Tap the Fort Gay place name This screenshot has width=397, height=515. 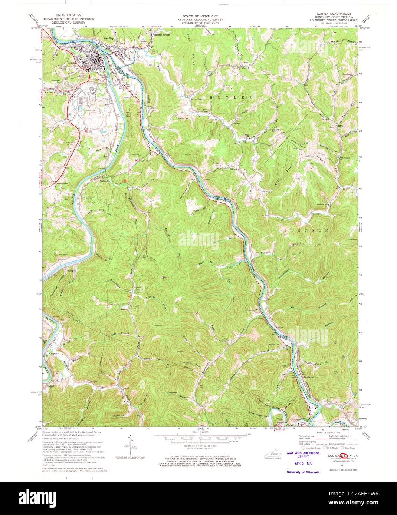pos(109,39)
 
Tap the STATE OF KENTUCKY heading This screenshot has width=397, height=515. pos(198,17)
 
